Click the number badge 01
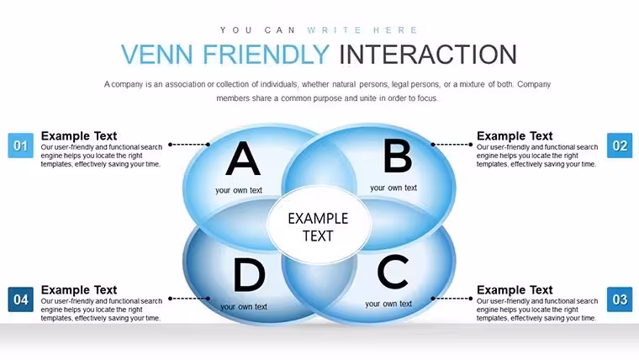21,146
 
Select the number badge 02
620,146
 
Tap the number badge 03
620,299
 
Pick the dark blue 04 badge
21,299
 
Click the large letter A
243,158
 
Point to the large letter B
398,156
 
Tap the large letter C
393,272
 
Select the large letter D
249,275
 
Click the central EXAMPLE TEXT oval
319,225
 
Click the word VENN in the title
157,54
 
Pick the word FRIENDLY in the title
267,54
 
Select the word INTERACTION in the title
428,54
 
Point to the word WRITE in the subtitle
334,30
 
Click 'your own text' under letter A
239,190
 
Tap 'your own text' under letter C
388,304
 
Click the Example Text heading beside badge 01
79,135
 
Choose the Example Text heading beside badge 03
515,290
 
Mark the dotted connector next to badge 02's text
452,145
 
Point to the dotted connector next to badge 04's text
189,299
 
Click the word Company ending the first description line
534,84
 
